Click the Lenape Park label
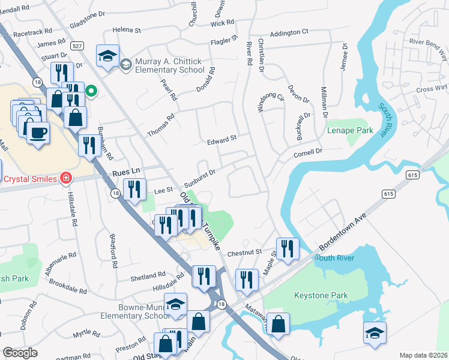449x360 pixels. [350, 130]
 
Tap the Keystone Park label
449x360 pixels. [321, 296]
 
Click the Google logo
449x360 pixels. [20, 353]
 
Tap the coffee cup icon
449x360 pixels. [38, 131]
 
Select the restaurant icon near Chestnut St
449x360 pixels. [288, 247]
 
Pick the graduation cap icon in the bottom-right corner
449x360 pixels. [375, 332]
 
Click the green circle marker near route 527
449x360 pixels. [91, 91]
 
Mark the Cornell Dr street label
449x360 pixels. [308, 154]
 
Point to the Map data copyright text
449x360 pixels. [423, 355]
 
